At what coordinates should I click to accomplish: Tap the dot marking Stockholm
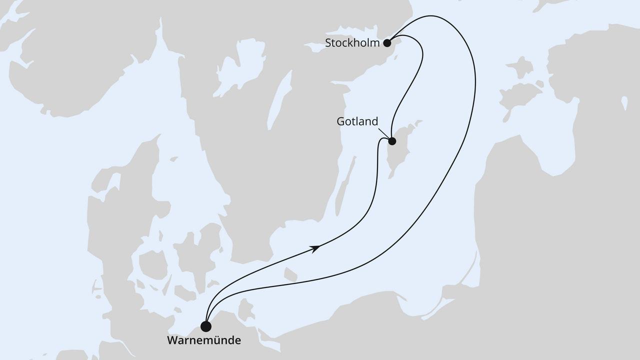(x=387, y=43)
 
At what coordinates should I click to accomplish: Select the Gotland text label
(x=357, y=121)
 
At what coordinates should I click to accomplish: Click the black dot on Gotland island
(x=392, y=141)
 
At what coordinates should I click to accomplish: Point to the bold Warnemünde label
(x=204, y=341)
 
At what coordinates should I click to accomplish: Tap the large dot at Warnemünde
(x=205, y=326)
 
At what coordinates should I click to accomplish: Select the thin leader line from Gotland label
(x=383, y=132)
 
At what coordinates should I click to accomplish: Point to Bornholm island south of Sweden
(x=290, y=274)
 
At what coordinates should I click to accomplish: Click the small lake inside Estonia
(x=624, y=102)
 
